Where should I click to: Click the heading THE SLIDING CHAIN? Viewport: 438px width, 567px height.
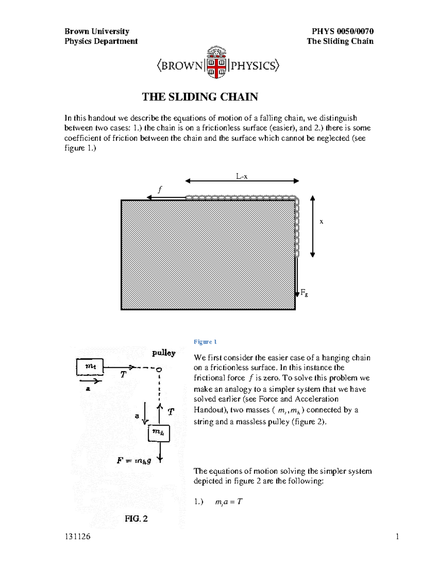coord(200,97)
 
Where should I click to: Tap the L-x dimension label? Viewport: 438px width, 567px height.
coord(242,176)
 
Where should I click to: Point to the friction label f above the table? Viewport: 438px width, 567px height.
coord(159,190)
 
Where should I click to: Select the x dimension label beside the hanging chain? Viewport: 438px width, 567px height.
coord(321,222)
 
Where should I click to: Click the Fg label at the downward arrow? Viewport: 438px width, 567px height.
coord(304,293)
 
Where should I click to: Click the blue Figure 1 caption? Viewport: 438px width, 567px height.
coord(205,342)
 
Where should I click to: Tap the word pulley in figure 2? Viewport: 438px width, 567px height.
coord(164,353)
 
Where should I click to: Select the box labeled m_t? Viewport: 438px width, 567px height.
coord(90,367)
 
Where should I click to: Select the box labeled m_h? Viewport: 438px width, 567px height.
coord(158,433)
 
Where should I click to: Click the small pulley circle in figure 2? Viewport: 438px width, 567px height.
coord(159,370)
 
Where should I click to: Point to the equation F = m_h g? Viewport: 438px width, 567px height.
coord(134,461)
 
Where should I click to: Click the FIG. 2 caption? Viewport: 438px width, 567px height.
coord(136,519)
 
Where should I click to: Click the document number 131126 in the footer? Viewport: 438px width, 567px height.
coord(77,537)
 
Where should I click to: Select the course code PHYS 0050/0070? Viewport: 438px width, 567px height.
coord(342,31)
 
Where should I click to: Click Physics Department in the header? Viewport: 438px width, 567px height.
coord(101,41)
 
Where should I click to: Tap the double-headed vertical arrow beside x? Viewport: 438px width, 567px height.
coord(312,226)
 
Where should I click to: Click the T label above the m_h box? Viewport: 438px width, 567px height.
coord(170,412)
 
